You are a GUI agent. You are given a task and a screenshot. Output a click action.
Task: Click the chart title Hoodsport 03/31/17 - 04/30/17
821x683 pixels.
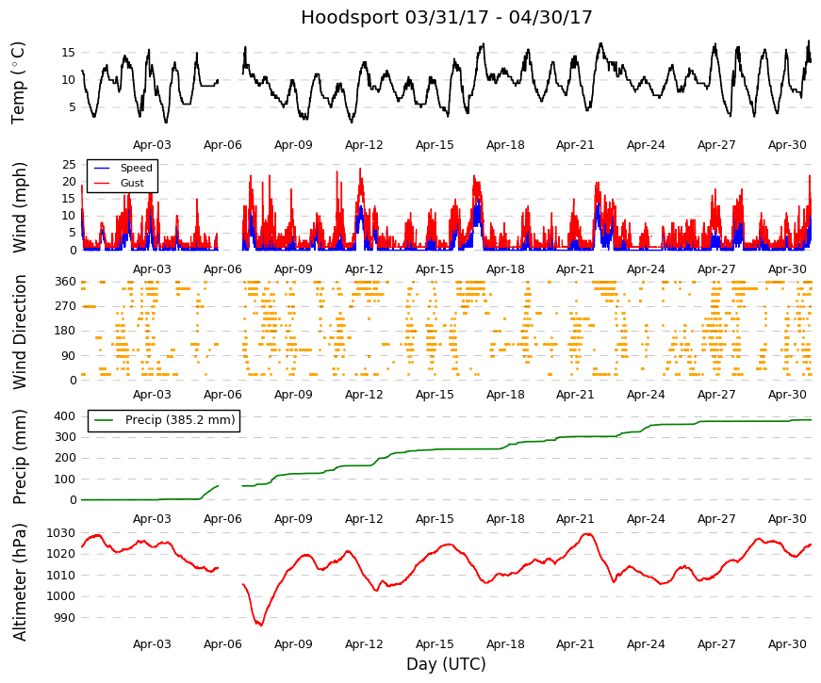click(x=446, y=17)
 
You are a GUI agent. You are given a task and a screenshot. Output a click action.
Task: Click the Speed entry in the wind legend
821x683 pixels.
click(x=136, y=168)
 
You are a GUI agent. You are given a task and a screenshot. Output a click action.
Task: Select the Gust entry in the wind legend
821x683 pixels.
click(x=132, y=183)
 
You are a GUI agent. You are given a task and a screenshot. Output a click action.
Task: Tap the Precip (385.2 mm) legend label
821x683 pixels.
click(x=180, y=420)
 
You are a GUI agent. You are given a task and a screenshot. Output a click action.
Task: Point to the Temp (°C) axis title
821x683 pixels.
click(x=18, y=83)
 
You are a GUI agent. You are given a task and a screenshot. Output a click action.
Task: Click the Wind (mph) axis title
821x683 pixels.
click(x=19, y=208)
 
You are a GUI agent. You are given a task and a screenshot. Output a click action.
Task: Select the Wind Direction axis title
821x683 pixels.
click(x=19, y=333)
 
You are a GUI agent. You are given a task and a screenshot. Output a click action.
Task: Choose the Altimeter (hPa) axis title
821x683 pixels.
click(x=19, y=582)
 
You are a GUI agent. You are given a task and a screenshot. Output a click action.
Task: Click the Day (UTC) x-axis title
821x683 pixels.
click(x=446, y=664)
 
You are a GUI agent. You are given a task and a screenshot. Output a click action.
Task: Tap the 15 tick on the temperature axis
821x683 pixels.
click(x=69, y=53)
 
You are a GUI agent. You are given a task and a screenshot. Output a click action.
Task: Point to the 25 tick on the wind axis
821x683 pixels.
click(x=69, y=164)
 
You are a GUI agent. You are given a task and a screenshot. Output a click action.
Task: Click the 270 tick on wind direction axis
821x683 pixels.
click(x=66, y=305)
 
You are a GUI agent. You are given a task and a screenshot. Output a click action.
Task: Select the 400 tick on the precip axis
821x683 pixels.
click(x=65, y=416)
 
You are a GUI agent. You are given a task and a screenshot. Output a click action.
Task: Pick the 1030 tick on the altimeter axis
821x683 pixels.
click(x=60, y=533)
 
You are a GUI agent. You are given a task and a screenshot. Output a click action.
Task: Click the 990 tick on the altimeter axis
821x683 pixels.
click(x=64, y=618)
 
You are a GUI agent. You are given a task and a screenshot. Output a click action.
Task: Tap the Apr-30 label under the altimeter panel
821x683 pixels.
click(x=787, y=644)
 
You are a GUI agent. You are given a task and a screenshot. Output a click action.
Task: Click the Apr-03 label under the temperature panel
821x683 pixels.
click(x=152, y=145)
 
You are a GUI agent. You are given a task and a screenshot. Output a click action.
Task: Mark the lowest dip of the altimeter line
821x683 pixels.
click(x=260, y=625)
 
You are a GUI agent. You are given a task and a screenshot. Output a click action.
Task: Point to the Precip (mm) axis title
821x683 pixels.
click(x=19, y=457)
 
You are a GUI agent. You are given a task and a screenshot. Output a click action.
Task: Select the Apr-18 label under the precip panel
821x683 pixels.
click(x=505, y=519)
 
